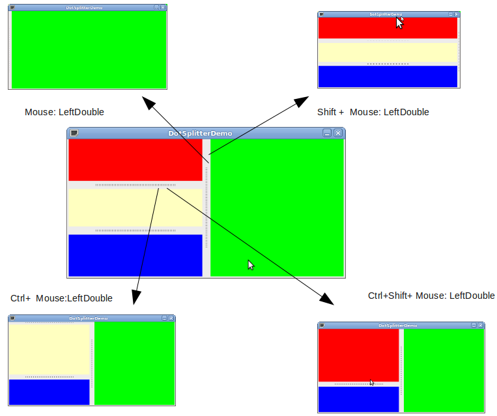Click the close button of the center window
coord(337,133)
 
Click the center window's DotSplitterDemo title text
coord(200,133)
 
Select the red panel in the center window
coord(135,159)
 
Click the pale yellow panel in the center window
coord(135,208)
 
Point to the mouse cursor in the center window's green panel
coord(251,264)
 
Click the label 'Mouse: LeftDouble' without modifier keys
coord(64,112)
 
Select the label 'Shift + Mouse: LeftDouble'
coord(373,112)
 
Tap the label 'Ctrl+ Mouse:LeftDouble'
coord(61,298)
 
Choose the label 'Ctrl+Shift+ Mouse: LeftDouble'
coord(431,296)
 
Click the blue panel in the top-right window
coord(388,76)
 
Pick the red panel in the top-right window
coord(365,28)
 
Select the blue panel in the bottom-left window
coord(49,392)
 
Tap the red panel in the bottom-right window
coord(358,355)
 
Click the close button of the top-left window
coord(163,7)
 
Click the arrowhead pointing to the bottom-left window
coord(135,298)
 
